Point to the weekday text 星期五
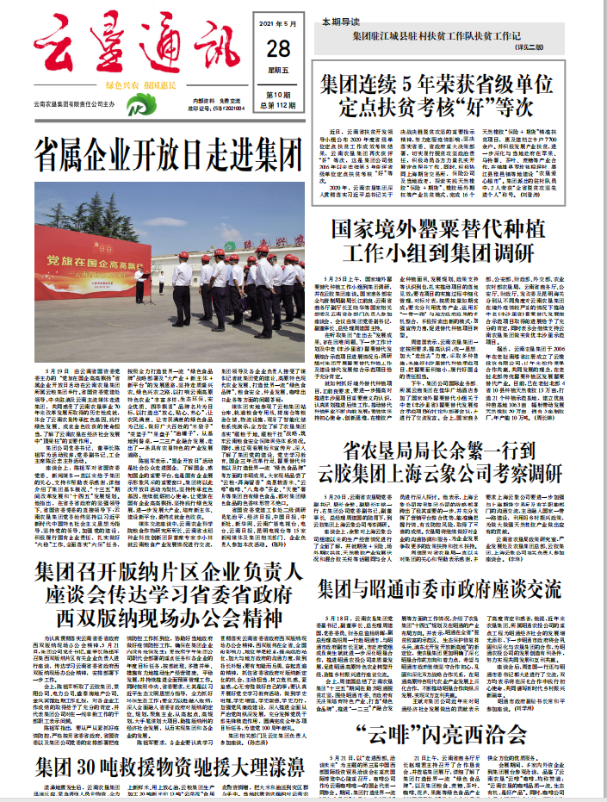click(278, 71)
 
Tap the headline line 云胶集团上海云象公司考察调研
click(440, 475)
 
